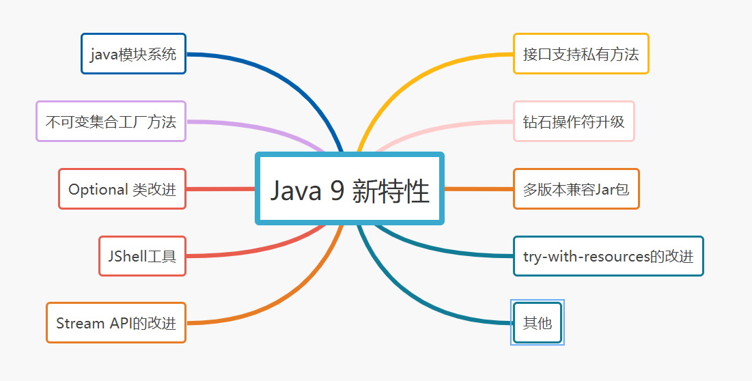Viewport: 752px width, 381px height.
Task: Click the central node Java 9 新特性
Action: tap(350, 188)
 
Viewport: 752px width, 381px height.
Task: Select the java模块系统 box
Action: tap(133, 53)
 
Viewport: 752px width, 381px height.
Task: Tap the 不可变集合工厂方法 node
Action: tap(111, 122)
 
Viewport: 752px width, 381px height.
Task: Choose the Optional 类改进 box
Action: tap(122, 189)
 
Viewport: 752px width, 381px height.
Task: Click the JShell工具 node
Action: tap(142, 256)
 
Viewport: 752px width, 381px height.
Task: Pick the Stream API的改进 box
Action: tap(116, 323)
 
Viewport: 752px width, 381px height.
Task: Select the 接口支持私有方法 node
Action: tap(581, 53)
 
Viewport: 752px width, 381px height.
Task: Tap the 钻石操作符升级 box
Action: tap(574, 122)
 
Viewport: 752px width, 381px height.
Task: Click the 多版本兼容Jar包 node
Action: tap(576, 189)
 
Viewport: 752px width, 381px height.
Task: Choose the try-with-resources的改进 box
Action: tap(608, 256)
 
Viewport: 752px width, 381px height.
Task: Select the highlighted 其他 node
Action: tap(537, 323)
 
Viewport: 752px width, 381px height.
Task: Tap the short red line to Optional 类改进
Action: tap(220, 189)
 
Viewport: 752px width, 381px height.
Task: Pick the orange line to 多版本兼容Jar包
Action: tap(478, 189)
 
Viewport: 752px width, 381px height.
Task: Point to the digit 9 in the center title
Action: tap(337, 190)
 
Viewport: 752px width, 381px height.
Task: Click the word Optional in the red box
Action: tap(98, 189)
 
